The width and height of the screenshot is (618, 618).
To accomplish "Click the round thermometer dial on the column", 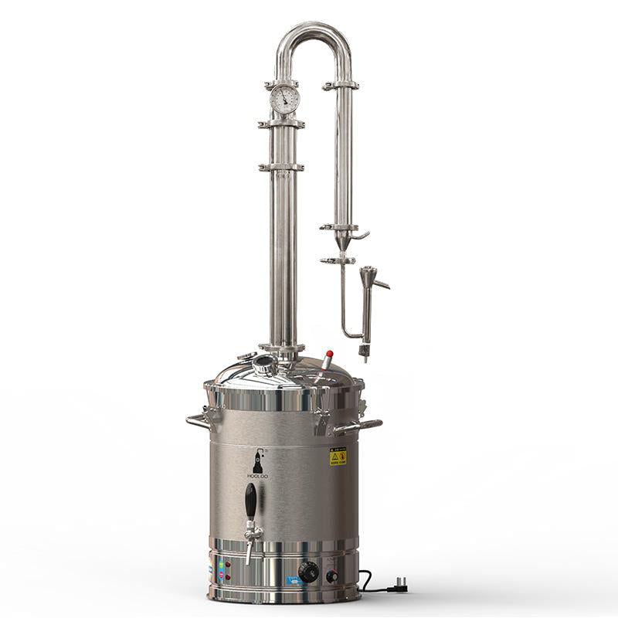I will pos(284,99).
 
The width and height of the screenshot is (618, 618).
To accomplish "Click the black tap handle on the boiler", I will pos(250,501).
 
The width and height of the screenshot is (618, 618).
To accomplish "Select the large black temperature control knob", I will pos(308,572).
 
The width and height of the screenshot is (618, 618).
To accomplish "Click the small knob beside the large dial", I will pos(332,576).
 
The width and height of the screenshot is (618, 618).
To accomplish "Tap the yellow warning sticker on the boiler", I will pos(338,456).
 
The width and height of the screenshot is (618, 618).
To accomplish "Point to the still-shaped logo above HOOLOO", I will pos(256,461).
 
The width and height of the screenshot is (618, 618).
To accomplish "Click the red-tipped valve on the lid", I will pos(328,356).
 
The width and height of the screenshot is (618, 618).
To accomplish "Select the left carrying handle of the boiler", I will pos(198,421).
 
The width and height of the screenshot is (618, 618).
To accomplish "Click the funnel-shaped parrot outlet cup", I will pos(366,274).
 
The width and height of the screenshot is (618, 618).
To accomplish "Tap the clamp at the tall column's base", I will pos(281,348).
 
